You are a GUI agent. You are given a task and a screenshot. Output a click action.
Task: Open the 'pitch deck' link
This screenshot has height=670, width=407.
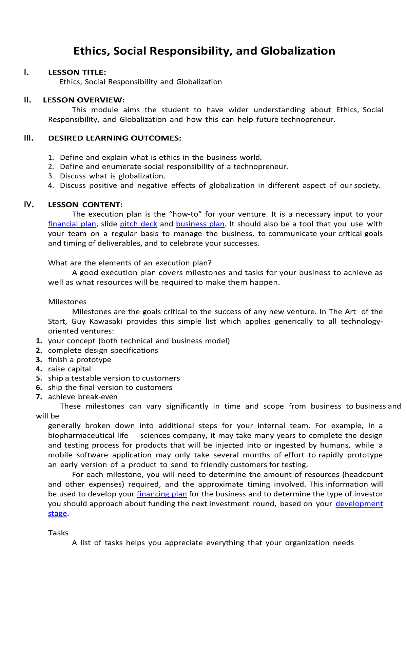(x=138, y=224)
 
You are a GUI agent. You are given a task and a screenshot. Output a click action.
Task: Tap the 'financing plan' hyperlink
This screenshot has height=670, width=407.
(x=161, y=494)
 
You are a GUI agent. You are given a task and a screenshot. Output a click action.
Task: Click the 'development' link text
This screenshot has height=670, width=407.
(x=359, y=504)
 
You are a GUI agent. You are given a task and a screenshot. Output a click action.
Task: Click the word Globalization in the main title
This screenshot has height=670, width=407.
(x=298, y=51)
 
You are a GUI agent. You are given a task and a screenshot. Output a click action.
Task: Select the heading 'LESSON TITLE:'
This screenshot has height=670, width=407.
(x=77, y=72)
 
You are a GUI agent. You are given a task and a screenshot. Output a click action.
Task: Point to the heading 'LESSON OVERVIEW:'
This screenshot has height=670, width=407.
(x=84, y=100)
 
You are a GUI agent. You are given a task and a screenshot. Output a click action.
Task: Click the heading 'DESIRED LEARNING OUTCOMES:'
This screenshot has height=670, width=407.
(x=115, y=138)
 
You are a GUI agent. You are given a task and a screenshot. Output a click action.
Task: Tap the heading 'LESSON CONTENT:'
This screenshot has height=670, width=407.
(x=85, y=205)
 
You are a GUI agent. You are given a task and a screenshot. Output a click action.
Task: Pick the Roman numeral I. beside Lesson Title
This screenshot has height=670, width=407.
(x=26, y=72)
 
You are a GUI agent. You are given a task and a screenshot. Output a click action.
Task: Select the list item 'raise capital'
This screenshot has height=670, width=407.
(x=70, y=369)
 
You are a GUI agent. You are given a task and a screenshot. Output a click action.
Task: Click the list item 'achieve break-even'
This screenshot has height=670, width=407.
(x=83, y=397)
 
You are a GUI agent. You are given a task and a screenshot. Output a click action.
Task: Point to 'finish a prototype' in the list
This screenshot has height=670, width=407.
(x=79, y=360)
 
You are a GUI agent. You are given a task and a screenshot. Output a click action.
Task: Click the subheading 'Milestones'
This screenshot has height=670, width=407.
(x=67, y=302)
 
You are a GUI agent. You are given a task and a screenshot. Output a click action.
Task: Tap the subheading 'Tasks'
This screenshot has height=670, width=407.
(x=58, y=533)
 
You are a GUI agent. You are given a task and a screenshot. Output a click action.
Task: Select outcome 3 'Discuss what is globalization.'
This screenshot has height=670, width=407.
(x=112, y=176)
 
